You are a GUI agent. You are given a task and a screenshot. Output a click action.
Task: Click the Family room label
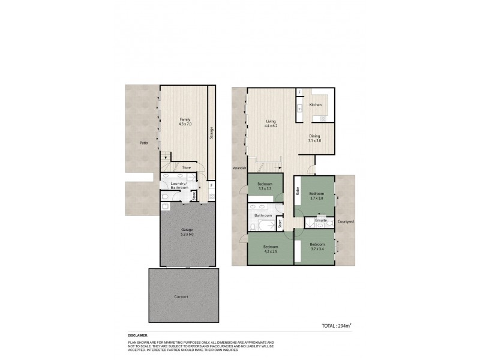(185, 121)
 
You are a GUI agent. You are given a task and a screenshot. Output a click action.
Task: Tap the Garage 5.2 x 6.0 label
(187, 232)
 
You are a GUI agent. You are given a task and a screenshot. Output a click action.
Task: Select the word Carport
(182, 296)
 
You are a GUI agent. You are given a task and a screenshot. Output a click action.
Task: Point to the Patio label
(143, 143)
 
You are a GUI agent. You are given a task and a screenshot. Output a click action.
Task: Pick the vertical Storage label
(211, 133)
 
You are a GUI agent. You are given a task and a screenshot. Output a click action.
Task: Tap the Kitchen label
(316, 105)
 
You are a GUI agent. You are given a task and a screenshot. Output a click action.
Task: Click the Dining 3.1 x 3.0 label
(315, 138)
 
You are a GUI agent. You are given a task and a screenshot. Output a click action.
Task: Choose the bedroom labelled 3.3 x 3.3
(265, 186)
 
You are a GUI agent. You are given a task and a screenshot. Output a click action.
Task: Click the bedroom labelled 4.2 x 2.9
(271, 248)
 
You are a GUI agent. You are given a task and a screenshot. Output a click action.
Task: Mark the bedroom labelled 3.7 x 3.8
(316, 196)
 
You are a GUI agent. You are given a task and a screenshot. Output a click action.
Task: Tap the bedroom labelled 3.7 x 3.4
(317, 247)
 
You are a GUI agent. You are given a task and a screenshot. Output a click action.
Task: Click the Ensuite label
(321, 221)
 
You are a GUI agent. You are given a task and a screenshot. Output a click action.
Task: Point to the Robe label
(298, 192)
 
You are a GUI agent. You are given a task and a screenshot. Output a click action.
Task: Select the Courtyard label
(346, 221)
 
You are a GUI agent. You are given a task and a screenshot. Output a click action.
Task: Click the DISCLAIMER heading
(138, 335)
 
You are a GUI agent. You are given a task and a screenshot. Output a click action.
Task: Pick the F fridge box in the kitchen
(299, 92)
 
